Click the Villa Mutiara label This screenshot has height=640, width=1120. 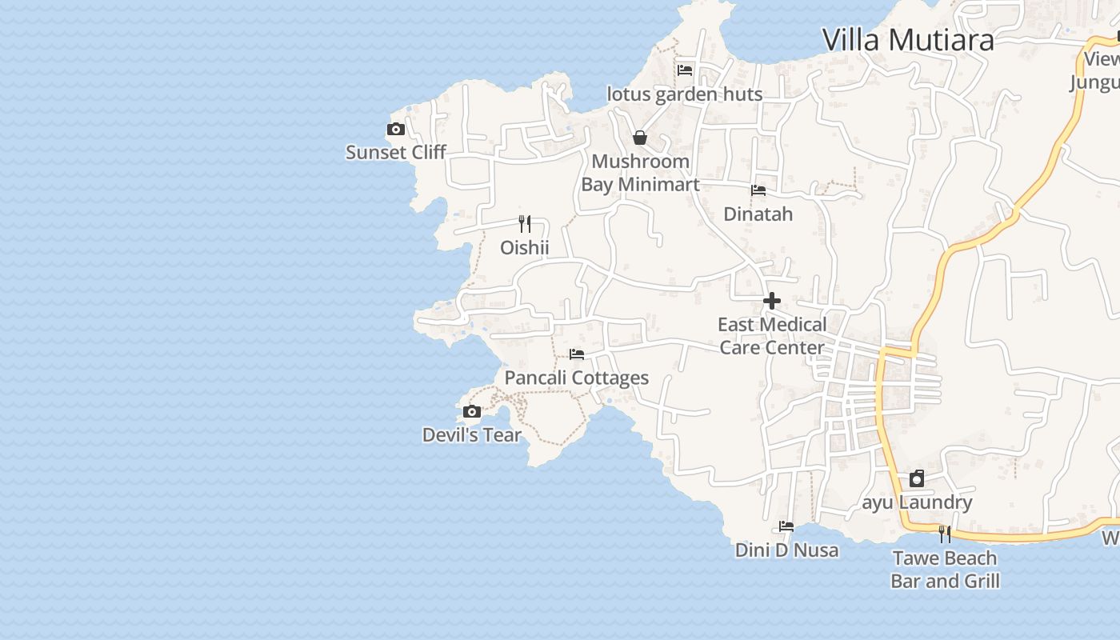tap(908, 39)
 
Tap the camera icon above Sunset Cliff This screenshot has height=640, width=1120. tap(395, 129)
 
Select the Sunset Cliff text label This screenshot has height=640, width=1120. tap(395, 152)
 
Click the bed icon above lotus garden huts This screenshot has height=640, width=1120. tap(685, 70)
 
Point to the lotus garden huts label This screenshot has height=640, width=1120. tap(685, 94)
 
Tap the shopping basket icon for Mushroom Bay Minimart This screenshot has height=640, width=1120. tap(640, 138)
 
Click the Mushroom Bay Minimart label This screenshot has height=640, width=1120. tap(640, 173)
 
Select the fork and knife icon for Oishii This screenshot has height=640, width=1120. tap(525, 224)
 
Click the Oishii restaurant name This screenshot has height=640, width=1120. tap(525, 247)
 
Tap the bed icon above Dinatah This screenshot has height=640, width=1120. tap(758, 190)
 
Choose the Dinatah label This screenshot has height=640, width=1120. tap(758, 214)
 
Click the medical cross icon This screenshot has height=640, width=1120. tap(772, 301)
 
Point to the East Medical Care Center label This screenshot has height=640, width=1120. tap(772, 336)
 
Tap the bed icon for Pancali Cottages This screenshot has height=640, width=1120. tap(577, 354)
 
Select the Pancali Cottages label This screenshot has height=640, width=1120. tap(577, 378)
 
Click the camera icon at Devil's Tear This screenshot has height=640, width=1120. tap(472, 412)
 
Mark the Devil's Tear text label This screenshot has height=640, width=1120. tap(472, 435)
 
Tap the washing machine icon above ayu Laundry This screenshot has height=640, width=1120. tap(917, 479)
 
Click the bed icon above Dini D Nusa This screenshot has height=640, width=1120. tap(786, 526)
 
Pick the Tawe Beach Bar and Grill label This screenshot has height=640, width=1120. tap(945, 570)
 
